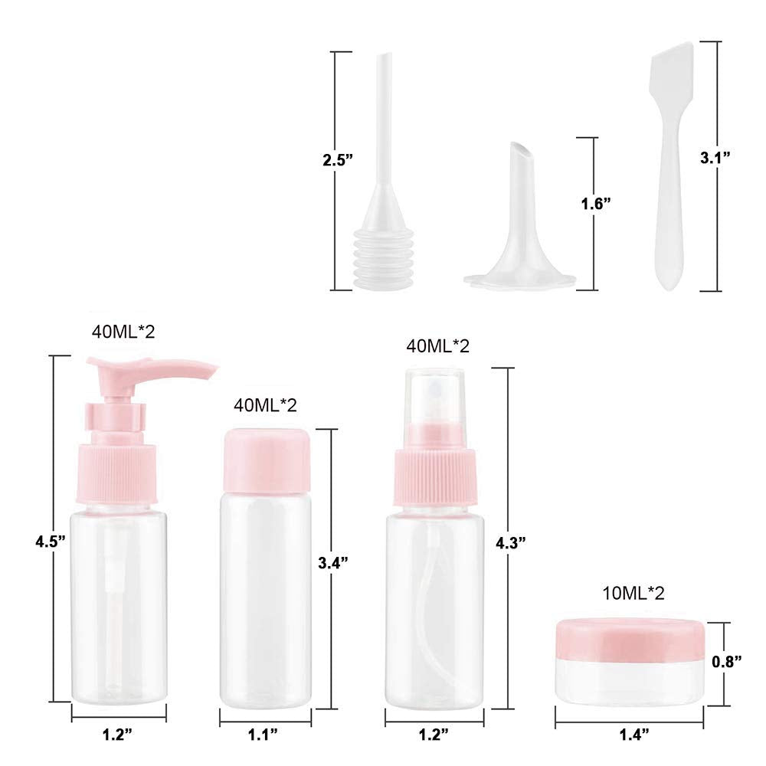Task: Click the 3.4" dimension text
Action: coord(333,562)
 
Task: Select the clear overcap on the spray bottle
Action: coord(429,405)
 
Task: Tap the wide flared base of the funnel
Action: coord(519,278)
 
